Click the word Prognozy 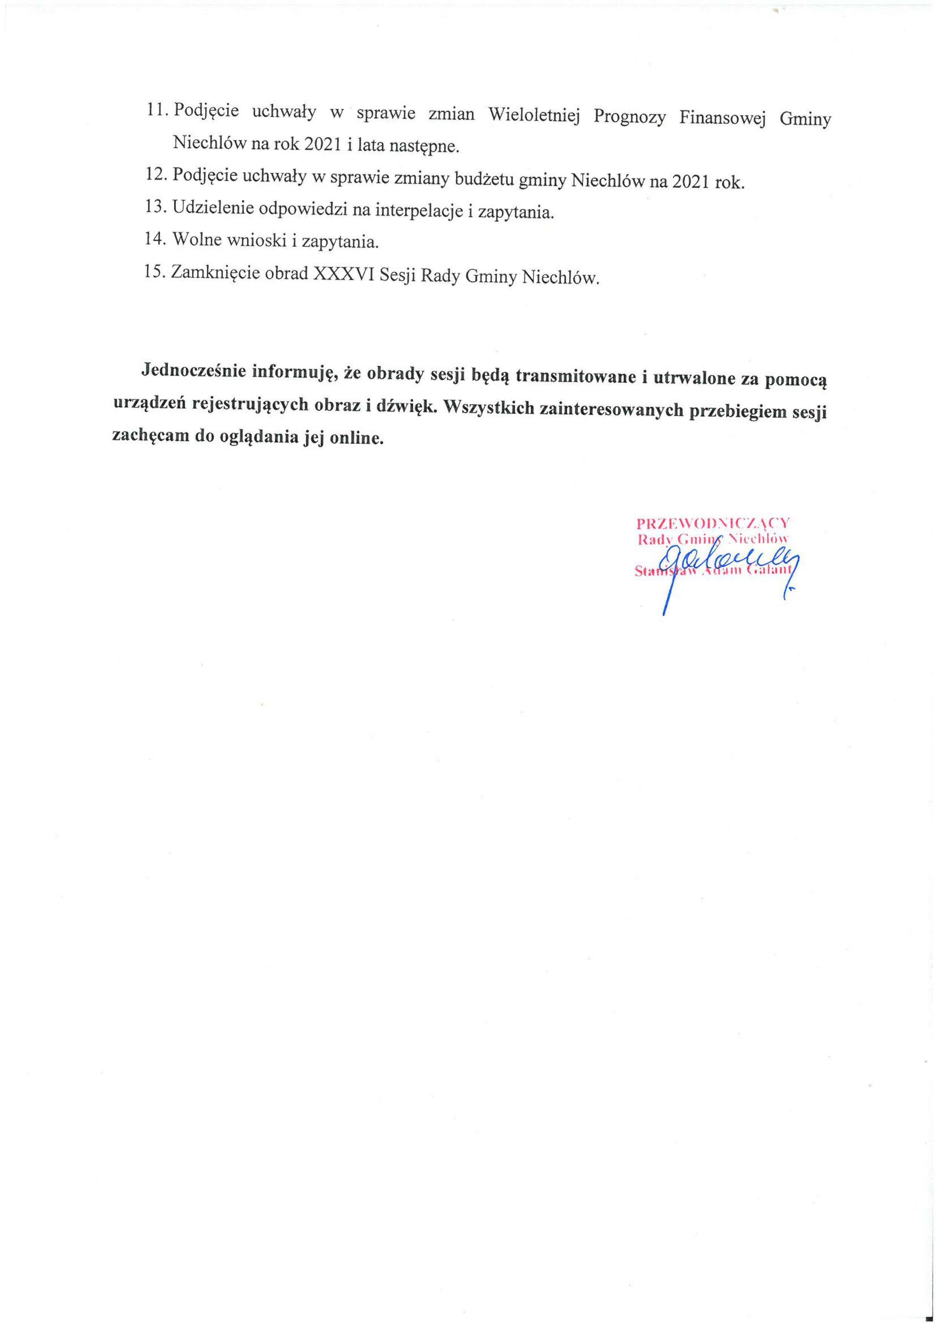[x=630, y=117]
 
